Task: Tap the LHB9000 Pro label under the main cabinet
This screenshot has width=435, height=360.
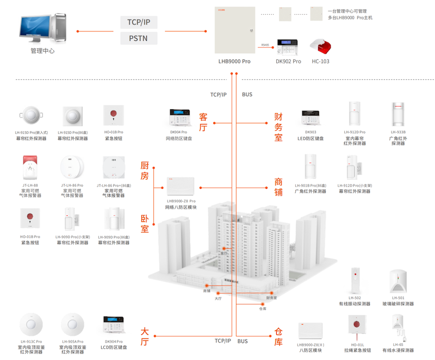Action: point(234,62)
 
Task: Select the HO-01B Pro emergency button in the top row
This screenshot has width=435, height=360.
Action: point(114,116)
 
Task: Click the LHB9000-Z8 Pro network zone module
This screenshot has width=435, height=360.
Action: point(181,187)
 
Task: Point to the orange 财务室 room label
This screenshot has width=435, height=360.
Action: point(278,127)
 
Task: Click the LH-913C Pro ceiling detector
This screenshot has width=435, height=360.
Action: point(30,325)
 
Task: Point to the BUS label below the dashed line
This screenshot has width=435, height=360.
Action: point(247,95)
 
